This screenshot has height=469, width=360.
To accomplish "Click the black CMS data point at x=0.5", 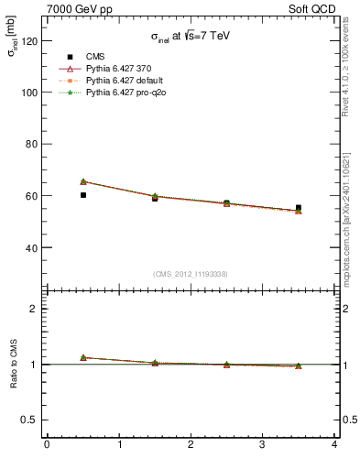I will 83,195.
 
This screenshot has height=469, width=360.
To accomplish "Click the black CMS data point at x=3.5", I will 299,208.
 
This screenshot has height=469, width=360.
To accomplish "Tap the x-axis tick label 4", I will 334,446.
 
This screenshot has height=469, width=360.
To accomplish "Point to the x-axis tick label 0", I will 47,446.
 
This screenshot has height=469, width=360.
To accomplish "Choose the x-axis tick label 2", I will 191,446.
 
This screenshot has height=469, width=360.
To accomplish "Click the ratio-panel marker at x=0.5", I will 83,357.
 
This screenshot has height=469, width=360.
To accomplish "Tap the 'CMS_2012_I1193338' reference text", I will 190,274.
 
